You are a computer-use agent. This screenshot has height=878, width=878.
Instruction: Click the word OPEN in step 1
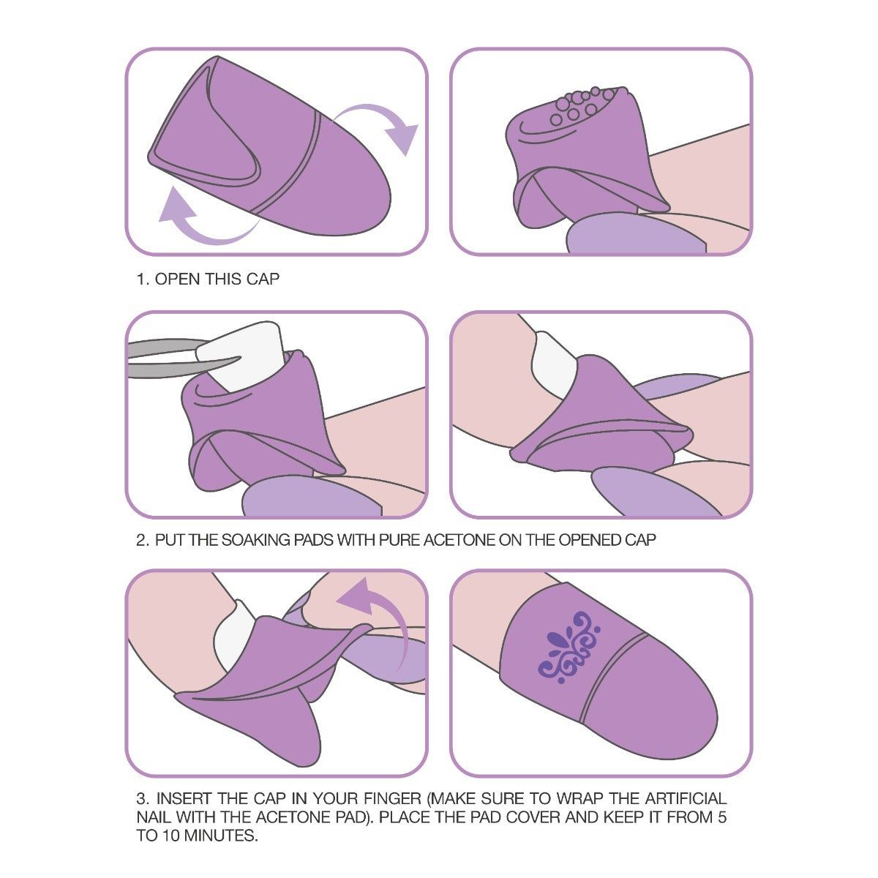pyautogui.click(x=178, y=279)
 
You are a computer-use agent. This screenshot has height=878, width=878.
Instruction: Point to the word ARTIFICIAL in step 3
pyautogui.click(x=686, y=799)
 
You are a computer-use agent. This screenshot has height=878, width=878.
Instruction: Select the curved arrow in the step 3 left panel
pyautogui.click(x=383, y=620)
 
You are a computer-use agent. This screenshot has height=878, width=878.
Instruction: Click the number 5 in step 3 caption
pyautogui.click(x=721, y=817)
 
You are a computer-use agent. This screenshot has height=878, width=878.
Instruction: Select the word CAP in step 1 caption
pyautogui.click(x=263, y=279)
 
